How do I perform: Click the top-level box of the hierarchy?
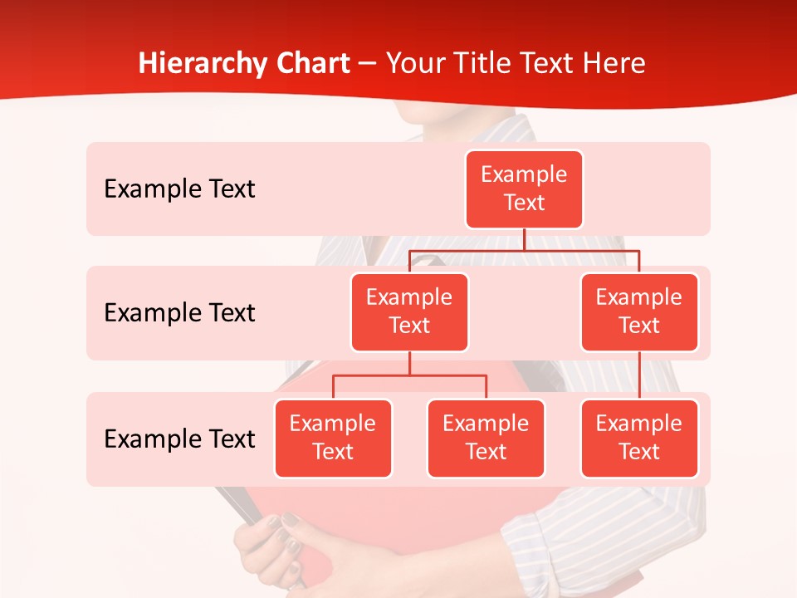[524, 189]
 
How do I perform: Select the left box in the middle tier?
[409, 312]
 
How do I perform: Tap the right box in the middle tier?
[639, 312]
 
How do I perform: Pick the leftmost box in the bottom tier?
[333, 439]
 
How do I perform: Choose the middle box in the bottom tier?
[486, 439]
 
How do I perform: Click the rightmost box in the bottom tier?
[639, 439]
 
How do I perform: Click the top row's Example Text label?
[179, 189]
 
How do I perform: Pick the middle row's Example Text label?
[179, 313]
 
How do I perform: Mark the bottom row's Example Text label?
[179, 439]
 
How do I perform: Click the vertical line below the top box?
[524, 239]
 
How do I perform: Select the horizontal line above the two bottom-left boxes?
[409, 375]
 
